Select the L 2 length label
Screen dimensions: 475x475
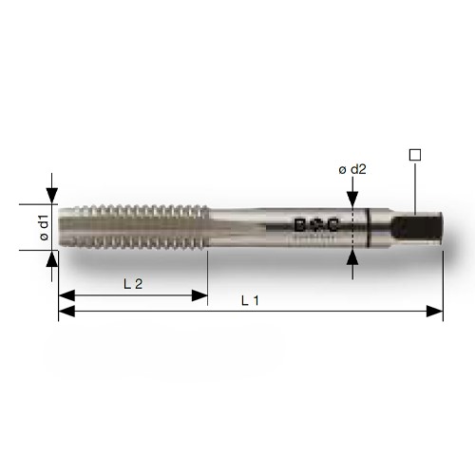tap(132, 284)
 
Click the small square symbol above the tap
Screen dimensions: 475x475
tap(413, 153)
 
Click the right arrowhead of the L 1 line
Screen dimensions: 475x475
tap(437, 310)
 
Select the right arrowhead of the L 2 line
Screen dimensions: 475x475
tap(200, 294)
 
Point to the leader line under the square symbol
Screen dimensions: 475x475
tap(413, 185)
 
